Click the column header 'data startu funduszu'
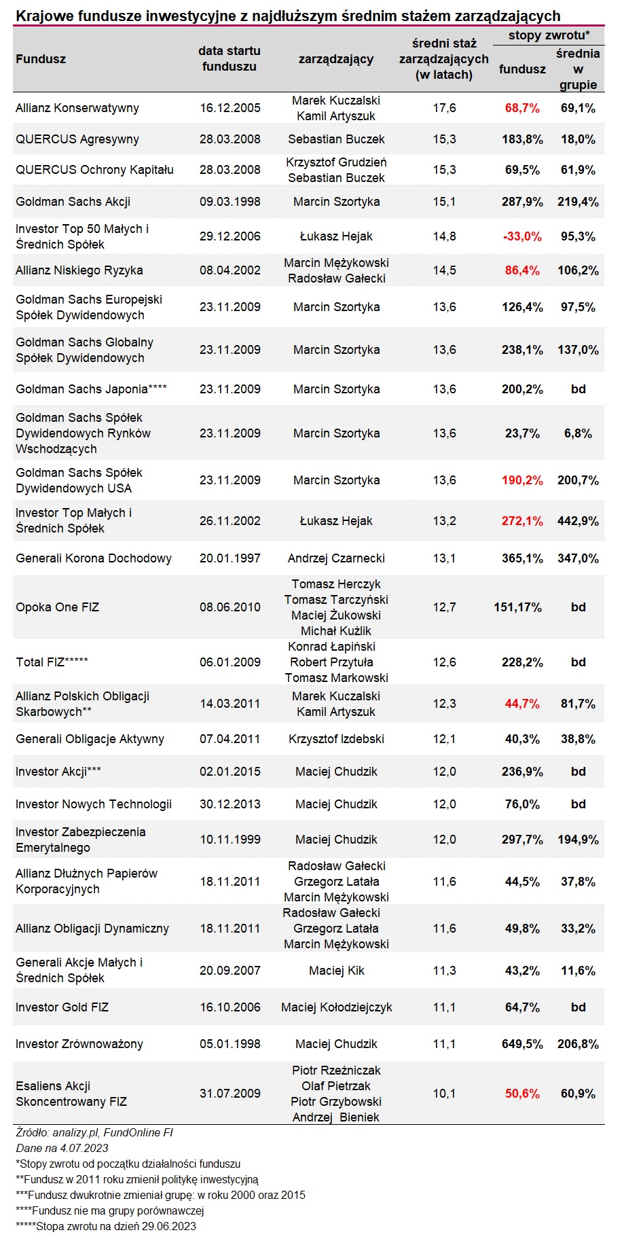coord(230,58)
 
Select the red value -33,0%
coord(522,236)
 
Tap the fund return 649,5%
coord(522,1044)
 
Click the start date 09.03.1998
coord(230,202)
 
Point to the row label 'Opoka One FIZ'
coord(58,607)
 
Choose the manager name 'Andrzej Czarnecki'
coord(336,558)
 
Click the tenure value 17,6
coord(445,108)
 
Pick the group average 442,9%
coord(579,521)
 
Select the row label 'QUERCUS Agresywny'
coord(77,139)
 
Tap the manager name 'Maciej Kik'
coord(336,971)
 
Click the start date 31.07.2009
coord(230,1094)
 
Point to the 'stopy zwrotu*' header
coord(549,35)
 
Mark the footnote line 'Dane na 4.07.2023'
coord(62,1148)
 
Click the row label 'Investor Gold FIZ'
coord(62,1007)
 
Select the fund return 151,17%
coord(518,607)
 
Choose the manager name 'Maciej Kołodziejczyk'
coord(336,1007)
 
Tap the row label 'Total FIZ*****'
coord(52,662)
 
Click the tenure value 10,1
coord(445,1094)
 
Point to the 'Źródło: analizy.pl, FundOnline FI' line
coord(94,1132)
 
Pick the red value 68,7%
coord(522,108)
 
